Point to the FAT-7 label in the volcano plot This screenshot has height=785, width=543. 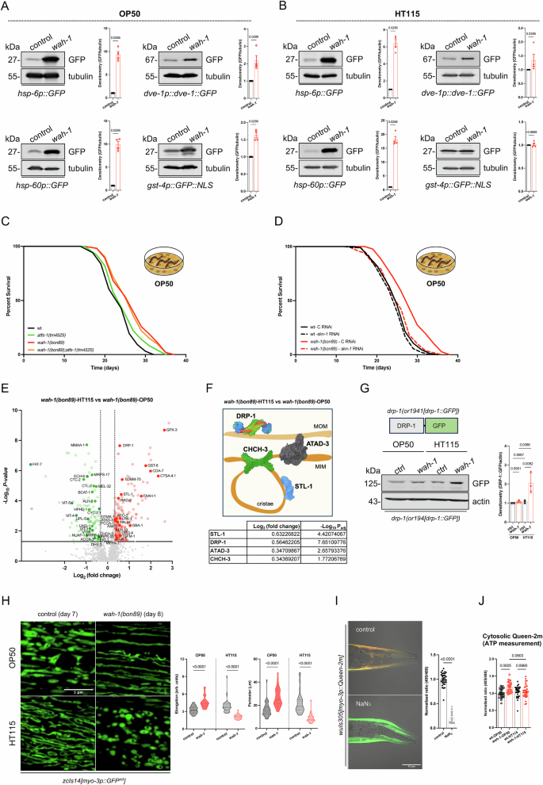(x=36, y=464)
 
